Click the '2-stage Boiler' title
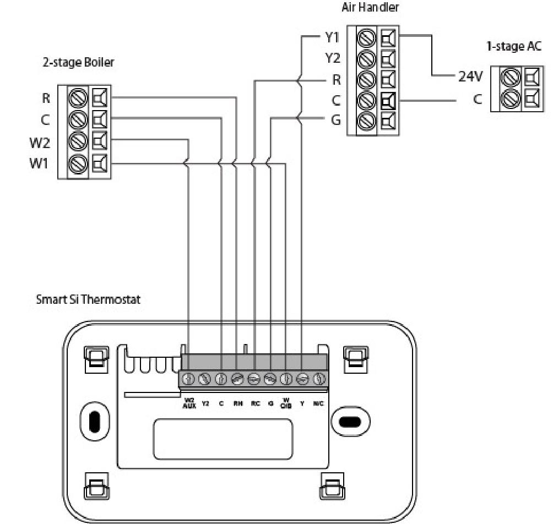pyautogui.click(x=79, y=62)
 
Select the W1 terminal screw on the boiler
pyautogui.click(x=78, y=163)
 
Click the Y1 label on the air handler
pyautogui.click(x=333, y=39)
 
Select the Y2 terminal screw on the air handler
pyautogui.click(x=367, y=58)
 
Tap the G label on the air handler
pyautogui.click(x=336, y=119)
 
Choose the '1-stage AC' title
pyautogui.click(x=513, y=47)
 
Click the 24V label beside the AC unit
pyautogui.click(x=470, y=77)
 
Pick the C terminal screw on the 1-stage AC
pyautogui.click(x=509, y=100)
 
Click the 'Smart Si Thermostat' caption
pyautogui.click(x=88, y=300)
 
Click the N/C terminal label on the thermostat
pyautogui.click(x=318, y=403)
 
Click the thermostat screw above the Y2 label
pyautogui.click(x=205, y=379)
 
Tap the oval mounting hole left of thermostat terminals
pyautogui.click(x=94, y=422)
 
